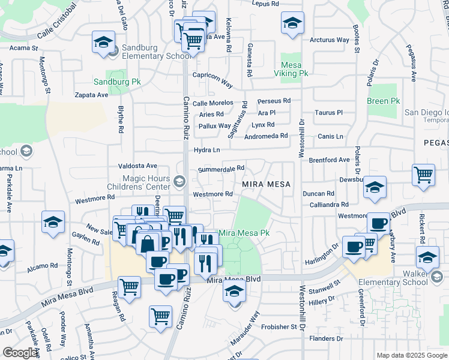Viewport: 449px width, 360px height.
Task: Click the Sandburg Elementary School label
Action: pyautogui.click(x=151, y=52)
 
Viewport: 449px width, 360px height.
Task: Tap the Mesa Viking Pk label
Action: pyautogui.click(x=295, y=68)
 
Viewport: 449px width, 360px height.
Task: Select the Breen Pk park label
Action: pyautogui.click(x=383, y=101)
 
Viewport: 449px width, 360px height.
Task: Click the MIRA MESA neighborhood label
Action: pyautogui.click(x=267, y=184)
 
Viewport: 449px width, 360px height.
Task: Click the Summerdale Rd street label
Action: pyautogui.click(x=221, y=169)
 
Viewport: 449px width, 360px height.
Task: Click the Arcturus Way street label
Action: pyautogui.click(x=330, y=40)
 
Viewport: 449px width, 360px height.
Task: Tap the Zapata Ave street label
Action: pyautogui.click(x=91, y=95)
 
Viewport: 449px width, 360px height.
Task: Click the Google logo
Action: pyautogui.click(x=20, y=353)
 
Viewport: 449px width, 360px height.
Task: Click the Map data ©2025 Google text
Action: pyautogui.click(x=411, y=355)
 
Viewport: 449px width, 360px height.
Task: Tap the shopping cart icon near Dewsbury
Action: pyautogui.click(x=423, y=175)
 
